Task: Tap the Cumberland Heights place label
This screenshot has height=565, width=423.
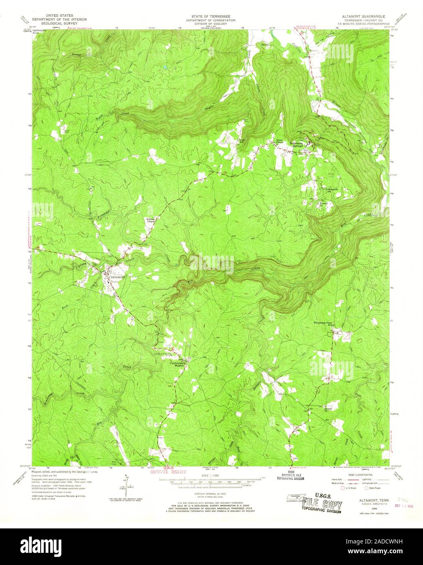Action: tap(180, 365)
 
